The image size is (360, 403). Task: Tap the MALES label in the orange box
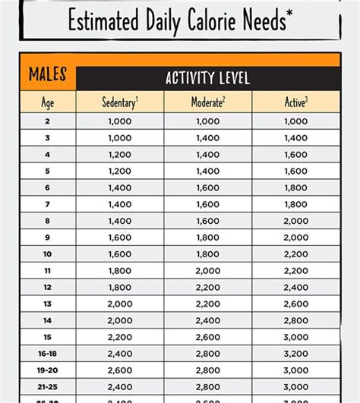click(x=48, y=74)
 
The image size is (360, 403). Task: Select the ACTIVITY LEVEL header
click(x=207, y=78)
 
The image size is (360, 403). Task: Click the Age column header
click(x=48, y=102)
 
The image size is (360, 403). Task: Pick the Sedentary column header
click(x=120, y=102)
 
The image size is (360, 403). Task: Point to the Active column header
click(x=295, y=102)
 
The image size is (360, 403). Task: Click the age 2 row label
click(x=48, y=121)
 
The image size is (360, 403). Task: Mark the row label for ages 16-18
click(x=48, y=354)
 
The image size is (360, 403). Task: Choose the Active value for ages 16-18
click(x=295, y=354)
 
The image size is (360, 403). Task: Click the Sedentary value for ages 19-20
click(x=120, y=370)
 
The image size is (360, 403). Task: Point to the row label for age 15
click(x=48, y=336)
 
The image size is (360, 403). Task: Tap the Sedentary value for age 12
click(x=120, y=286)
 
